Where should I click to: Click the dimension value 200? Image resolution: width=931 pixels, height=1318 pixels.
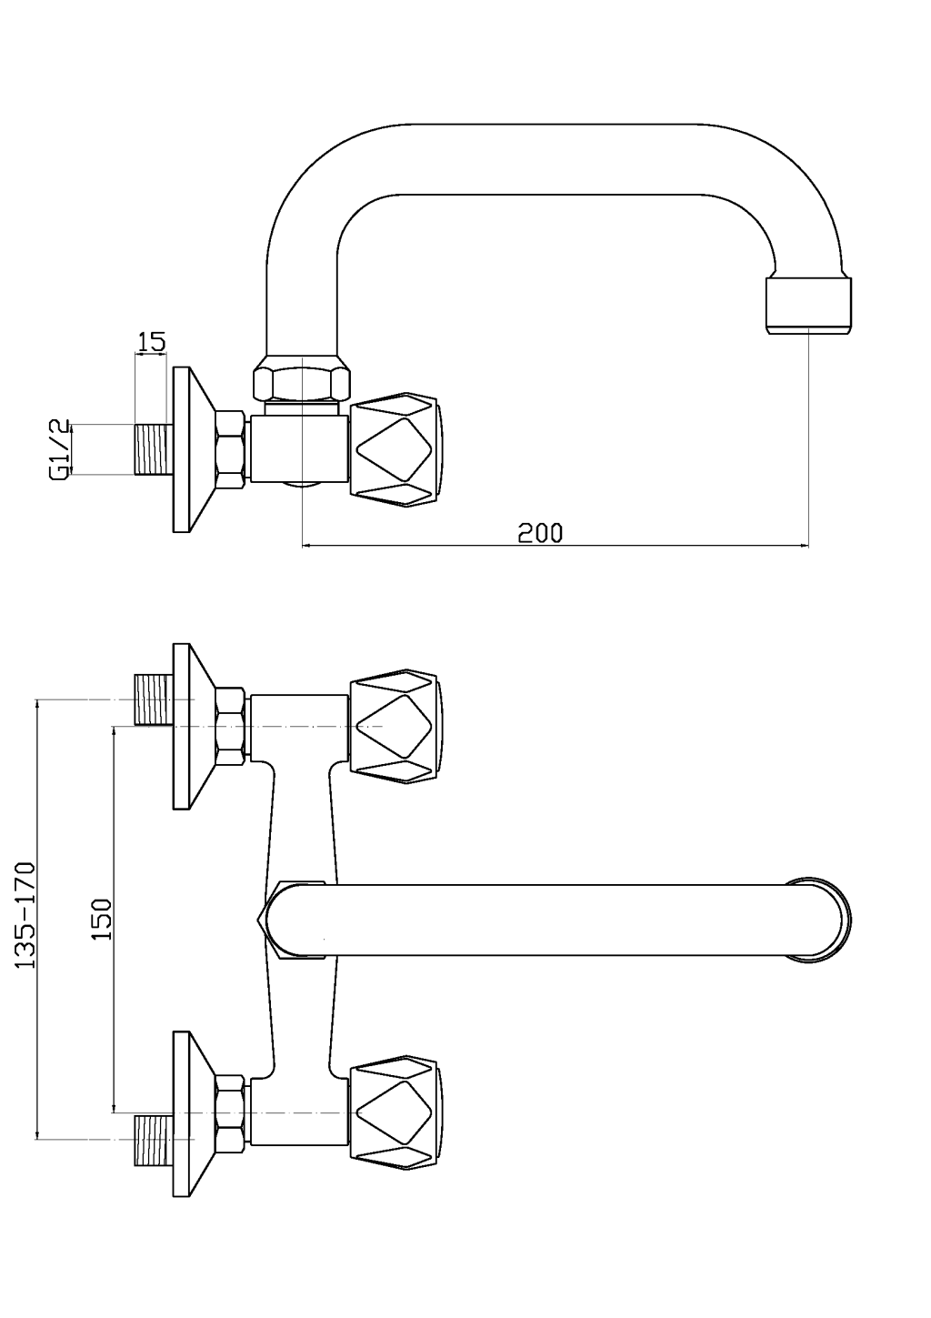[540, 532]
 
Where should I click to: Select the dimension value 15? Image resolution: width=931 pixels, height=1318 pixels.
[151, 342]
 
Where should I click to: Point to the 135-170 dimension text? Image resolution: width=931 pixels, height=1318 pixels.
[25, 914]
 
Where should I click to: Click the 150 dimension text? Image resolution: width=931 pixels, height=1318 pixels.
[101, 919]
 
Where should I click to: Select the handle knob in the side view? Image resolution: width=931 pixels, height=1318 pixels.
[397, 449]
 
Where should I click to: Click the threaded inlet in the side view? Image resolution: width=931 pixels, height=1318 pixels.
[152, 449]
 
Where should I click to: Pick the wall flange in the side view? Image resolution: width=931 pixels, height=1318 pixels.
[192, 449]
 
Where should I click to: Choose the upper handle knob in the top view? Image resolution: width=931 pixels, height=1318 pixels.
[397, 727]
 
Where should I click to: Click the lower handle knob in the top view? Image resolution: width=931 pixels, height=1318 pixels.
[397, 1112]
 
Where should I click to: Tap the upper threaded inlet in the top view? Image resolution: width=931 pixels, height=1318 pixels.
[152, 699]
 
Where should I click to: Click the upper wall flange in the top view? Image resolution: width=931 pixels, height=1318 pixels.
[192, 726]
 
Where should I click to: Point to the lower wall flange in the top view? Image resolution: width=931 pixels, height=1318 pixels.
[192, 1113]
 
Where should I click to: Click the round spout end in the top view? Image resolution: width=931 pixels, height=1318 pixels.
[818, 919]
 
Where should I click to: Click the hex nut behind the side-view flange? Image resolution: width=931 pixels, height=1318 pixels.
[230, 449]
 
